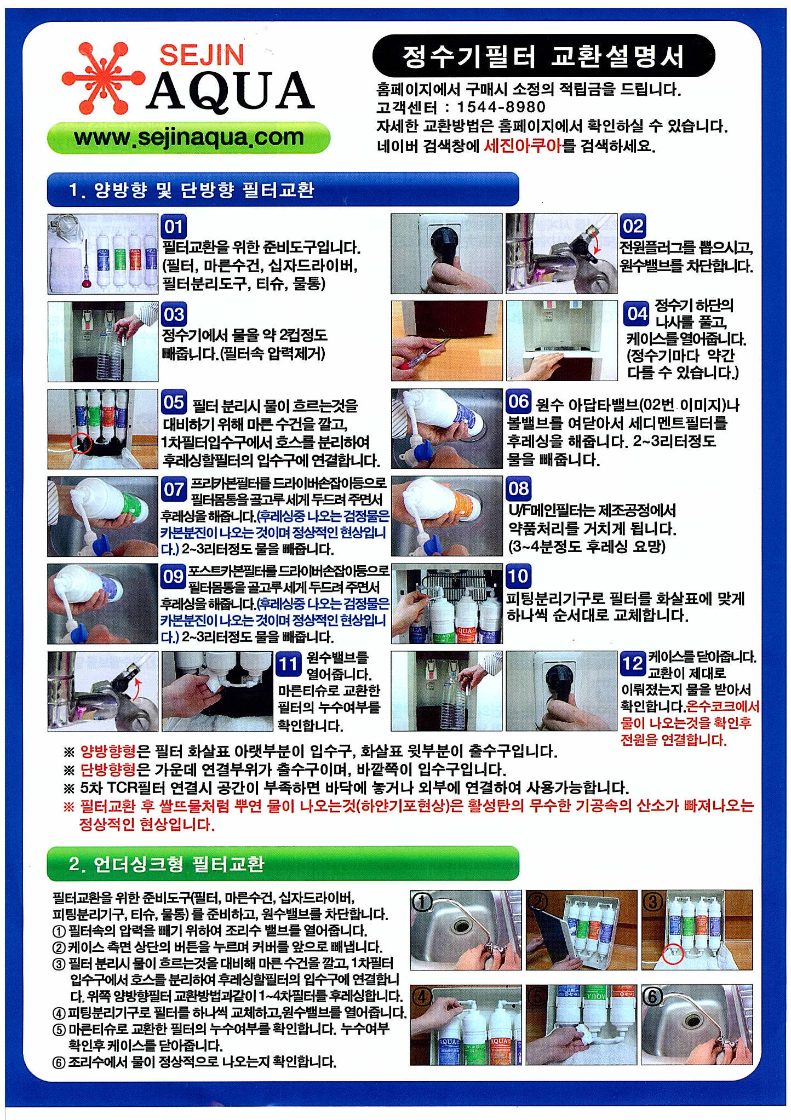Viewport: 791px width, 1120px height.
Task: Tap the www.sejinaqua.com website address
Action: point(189,137)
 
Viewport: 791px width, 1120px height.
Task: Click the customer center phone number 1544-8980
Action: point(501,107)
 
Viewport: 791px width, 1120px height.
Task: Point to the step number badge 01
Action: point(174,227)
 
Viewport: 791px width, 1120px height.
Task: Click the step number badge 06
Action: point(518,401)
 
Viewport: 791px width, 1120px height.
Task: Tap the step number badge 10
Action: point(518,576)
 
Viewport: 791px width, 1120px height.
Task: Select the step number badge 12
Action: point(633,663)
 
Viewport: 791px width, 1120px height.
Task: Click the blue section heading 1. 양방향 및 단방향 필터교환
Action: point(283,189)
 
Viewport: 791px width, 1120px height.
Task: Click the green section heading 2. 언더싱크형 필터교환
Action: point(283,864)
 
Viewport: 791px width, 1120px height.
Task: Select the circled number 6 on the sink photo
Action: point(652,997)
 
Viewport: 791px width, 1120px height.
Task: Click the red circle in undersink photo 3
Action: point(673,954)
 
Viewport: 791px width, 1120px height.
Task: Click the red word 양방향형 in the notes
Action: point(108,751)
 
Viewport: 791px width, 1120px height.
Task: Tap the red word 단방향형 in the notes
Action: point(108,770)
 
